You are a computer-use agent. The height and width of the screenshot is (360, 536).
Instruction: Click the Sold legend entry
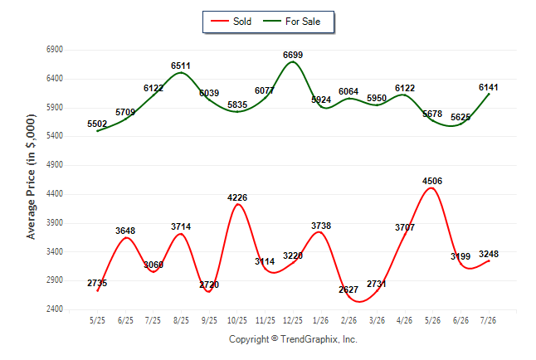[231, 22]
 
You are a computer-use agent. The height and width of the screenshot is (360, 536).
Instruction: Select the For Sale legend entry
[291, 22]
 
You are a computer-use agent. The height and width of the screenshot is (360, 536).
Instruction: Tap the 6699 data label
[293, 55]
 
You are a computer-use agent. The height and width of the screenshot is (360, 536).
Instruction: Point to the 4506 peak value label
[432, 181]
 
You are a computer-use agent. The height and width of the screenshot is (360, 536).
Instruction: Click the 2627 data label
[348, 289]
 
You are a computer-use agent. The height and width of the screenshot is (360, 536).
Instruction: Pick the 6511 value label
[181, 66]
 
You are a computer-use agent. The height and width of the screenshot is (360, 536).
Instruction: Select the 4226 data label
[237, 197]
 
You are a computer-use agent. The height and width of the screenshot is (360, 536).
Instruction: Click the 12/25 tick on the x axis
[293, 320]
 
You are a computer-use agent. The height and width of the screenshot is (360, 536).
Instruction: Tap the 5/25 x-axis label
[97, 320]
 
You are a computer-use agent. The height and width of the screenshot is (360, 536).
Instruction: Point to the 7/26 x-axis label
[488, 320]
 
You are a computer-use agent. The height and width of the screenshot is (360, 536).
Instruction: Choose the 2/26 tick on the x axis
[348, 320]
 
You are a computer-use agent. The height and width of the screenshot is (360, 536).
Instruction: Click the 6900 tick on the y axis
[55, 50]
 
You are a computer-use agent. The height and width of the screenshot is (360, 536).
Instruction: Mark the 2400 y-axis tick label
[55, 309]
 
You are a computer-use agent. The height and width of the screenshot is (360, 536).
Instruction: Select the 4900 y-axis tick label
[55, 165]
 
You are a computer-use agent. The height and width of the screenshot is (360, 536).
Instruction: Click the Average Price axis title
[31, 177]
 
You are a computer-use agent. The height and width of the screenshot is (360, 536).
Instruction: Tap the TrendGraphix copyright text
[293, 339]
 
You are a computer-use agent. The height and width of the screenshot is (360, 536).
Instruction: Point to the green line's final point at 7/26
[489, 94]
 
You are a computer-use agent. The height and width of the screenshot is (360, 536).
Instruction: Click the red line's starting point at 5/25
[98, 291]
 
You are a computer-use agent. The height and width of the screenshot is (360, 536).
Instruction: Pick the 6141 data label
[488, 87]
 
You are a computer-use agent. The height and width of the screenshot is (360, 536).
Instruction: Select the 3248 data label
[489, 254]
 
